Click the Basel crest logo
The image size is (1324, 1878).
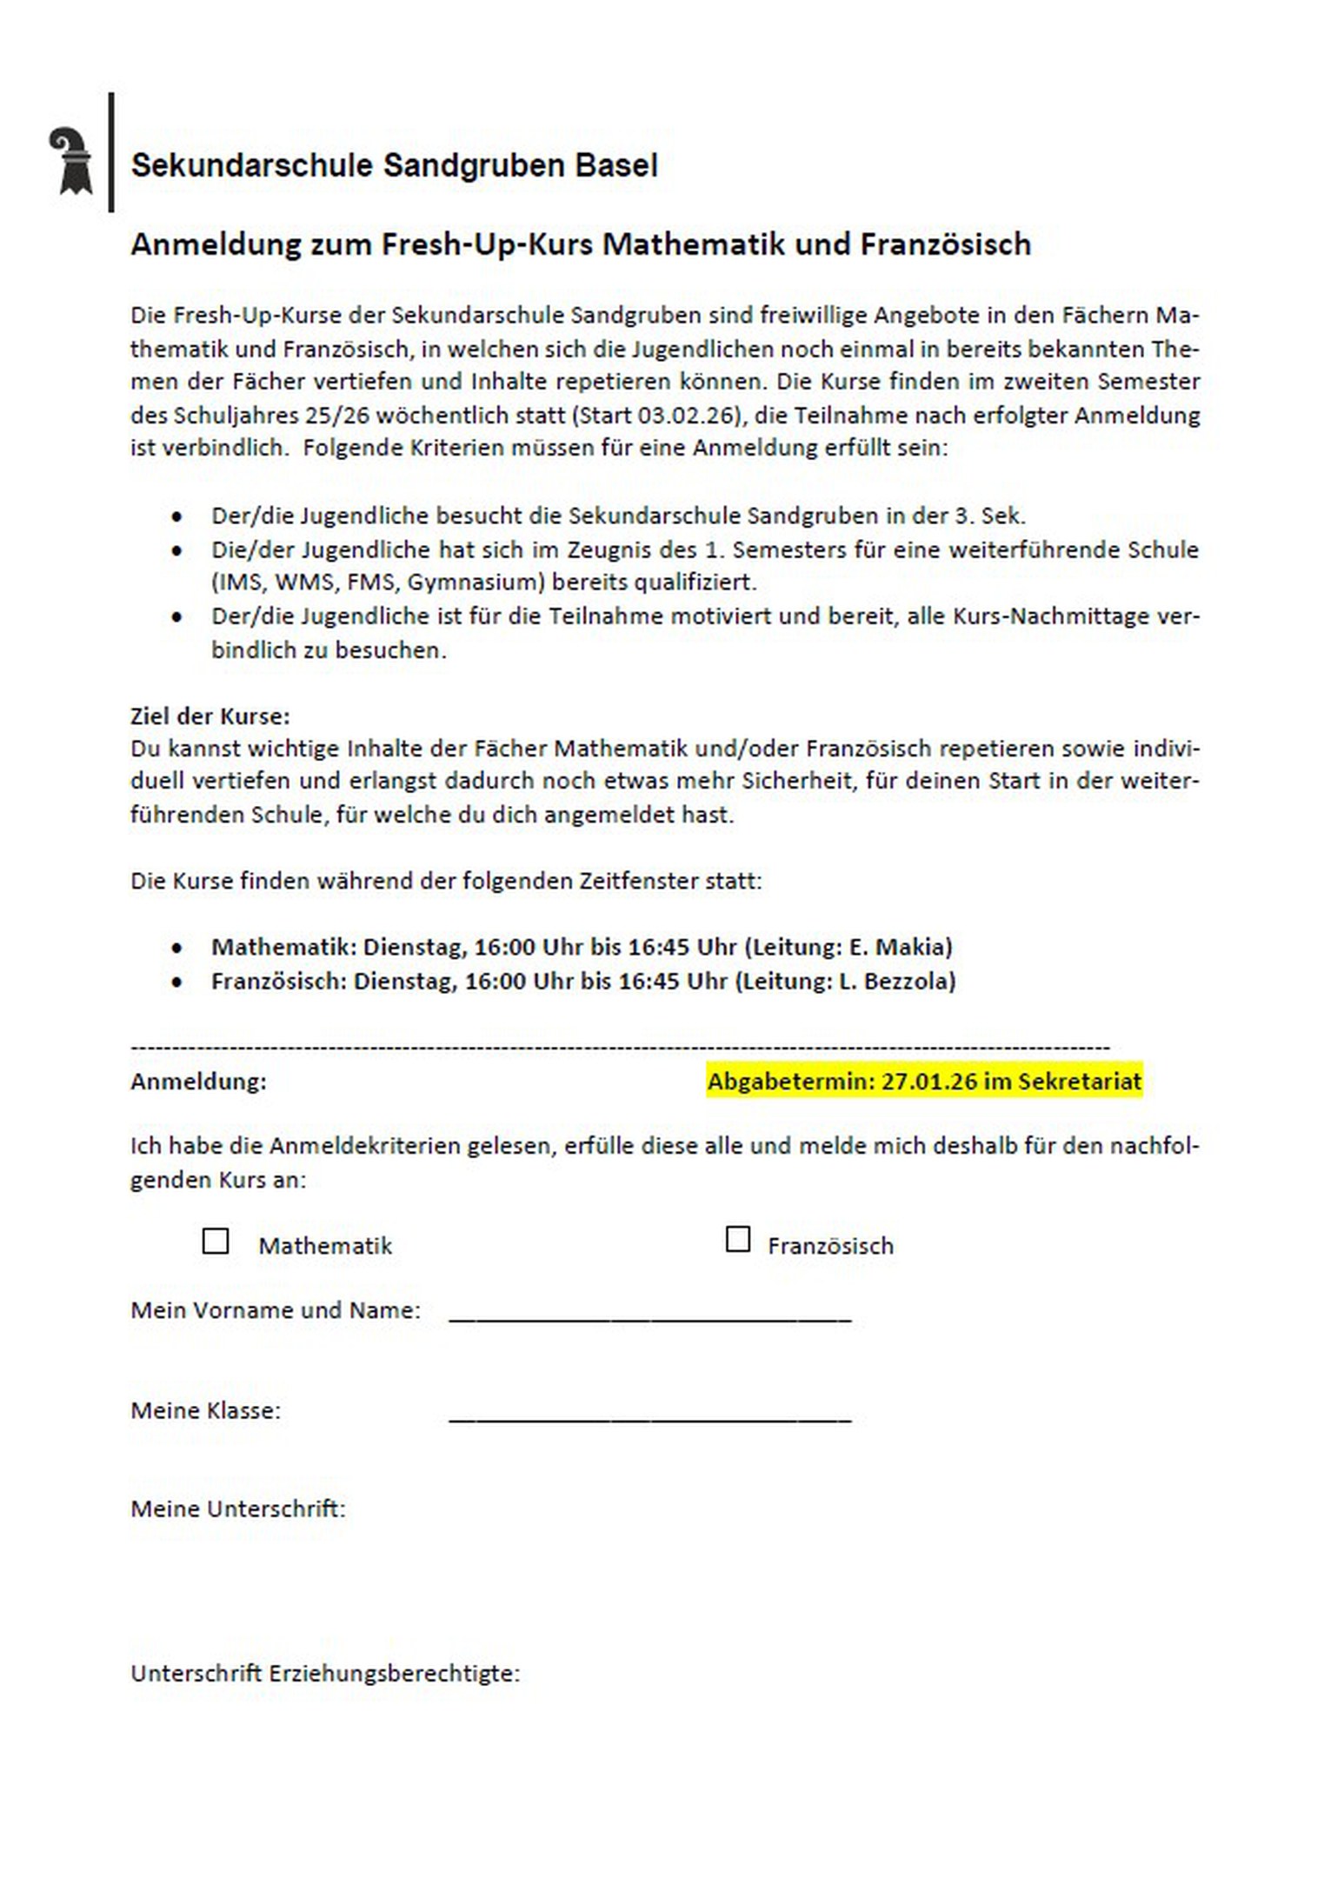click(x=70, y=161)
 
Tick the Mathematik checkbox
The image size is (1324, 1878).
click(x=216, y=1241)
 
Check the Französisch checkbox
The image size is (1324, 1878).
click(x=737, y=1239)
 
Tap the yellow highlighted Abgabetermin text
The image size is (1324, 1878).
click(x=923, y=1081)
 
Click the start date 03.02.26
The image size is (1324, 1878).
click(x=687, y=415)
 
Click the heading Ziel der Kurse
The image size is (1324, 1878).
click(x=210, y=716)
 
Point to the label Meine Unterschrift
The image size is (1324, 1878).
click(x=237, y=1508)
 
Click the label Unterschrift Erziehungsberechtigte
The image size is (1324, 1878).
click(x=324, y=1674)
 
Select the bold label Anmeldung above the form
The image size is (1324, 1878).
click(x=198, y=1082)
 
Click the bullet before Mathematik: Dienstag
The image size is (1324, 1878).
click(x=177, y=949)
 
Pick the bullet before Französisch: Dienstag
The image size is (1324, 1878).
click(x=177, y=982)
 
